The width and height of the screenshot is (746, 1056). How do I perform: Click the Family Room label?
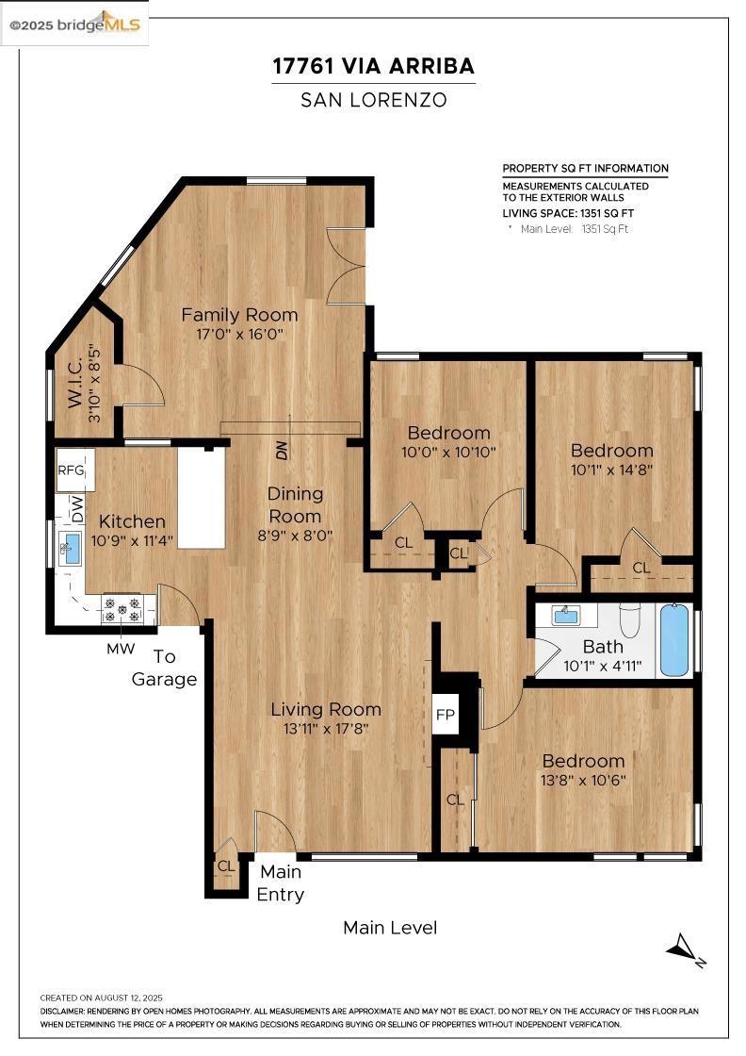point(239,315)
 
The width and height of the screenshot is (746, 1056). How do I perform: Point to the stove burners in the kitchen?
point(122,609)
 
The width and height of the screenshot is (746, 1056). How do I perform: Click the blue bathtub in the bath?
point(674,640)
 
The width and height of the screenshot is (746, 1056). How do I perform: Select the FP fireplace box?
point(446,714)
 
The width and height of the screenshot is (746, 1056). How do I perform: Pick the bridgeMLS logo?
point(74,25)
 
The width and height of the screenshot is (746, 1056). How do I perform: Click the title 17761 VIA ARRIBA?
point(373,66)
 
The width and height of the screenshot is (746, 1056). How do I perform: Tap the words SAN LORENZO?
point(373,100)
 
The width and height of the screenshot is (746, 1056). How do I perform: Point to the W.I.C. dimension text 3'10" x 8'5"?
point(94,384)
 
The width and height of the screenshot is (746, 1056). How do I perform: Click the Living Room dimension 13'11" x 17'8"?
point(326,728)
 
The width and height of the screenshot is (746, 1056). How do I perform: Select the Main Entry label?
point(281,883)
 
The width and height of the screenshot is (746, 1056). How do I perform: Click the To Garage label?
point(164,668)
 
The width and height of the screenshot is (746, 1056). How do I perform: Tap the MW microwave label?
point(122,650)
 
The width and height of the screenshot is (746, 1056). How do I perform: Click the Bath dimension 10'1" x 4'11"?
point(602,667)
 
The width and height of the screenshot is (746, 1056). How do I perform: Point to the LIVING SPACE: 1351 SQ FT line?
point(568,213)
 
